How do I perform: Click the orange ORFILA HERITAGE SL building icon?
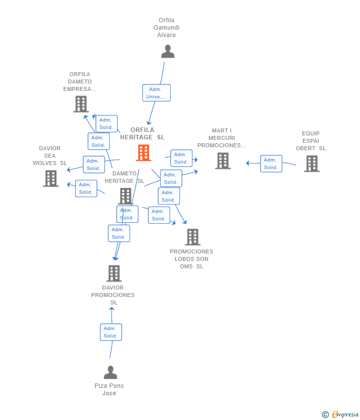coord(144,153)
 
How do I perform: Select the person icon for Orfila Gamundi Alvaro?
coord(168,51)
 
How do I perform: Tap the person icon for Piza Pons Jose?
coord(110,373)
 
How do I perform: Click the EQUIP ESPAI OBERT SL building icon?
coord(312,164)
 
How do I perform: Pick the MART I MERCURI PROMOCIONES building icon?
coord(223,161)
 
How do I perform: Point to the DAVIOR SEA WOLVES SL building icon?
coord(51,178)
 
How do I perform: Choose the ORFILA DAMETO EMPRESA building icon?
coord(81,104)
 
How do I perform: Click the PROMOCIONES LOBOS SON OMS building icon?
coord(193,237)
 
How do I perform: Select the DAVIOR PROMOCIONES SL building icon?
coord(114,273)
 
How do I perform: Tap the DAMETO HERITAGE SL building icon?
coord(126,196)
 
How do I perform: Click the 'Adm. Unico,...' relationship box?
coord(156,93)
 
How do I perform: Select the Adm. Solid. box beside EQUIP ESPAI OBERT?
coord(271,164)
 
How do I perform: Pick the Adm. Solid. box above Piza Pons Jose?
coord(111,332)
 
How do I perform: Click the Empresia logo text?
coord(345,415)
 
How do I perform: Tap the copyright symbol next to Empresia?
coord(325,415)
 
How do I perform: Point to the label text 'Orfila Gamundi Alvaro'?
coord(167,28)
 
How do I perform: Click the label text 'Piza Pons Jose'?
coord(109,389)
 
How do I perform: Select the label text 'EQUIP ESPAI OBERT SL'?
coord(311,141)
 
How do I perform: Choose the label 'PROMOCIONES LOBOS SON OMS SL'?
coord(191,259)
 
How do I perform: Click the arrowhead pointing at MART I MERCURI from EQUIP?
coord(248,163)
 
